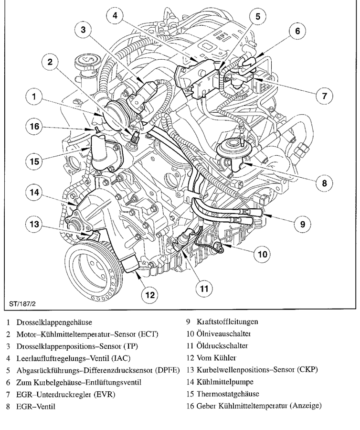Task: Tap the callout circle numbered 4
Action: click(115, 16)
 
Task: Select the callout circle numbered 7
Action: click(324, 96)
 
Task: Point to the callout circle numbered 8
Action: click(324, 182)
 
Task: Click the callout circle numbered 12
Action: click(150, 295)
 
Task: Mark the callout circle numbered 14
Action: click(34, 193)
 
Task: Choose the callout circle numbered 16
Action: click(34, 127)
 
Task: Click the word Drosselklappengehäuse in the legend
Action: click(54, 322)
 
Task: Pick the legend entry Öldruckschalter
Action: click(222, 345)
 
